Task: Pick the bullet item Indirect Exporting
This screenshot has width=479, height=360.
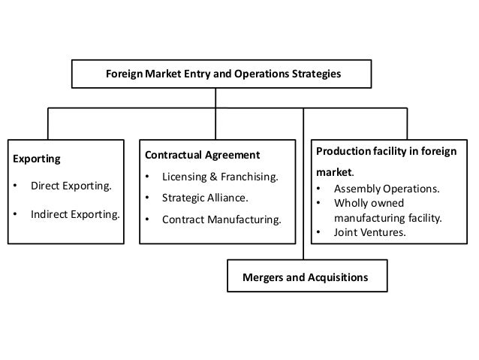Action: [74, 213]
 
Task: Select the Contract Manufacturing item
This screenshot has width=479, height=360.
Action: [223, 221]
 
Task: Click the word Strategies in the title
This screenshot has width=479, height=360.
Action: [316, 74]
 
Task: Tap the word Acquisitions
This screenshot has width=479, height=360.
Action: [339, 277]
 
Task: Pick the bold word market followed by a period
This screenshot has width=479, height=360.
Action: [329, 171]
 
